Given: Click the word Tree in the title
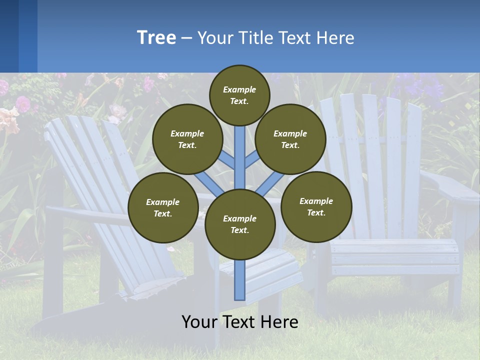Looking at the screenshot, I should [x=156, y=38].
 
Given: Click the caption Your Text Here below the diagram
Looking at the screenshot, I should [x=239, y=322].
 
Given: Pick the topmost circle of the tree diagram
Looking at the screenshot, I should [x=239, y=95].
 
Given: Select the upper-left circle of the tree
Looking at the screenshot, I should [x=187, y=139].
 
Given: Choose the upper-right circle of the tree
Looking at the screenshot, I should [x=290, y=139].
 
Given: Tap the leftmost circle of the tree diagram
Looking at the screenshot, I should [x=163, y=207].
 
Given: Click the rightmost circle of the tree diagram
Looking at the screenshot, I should [x=316, y=206].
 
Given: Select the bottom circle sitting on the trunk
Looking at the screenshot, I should [x=240, y=224].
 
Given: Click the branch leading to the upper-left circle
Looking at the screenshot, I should [x=227, y=160].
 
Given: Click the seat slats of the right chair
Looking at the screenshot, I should [x=395, y=252].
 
